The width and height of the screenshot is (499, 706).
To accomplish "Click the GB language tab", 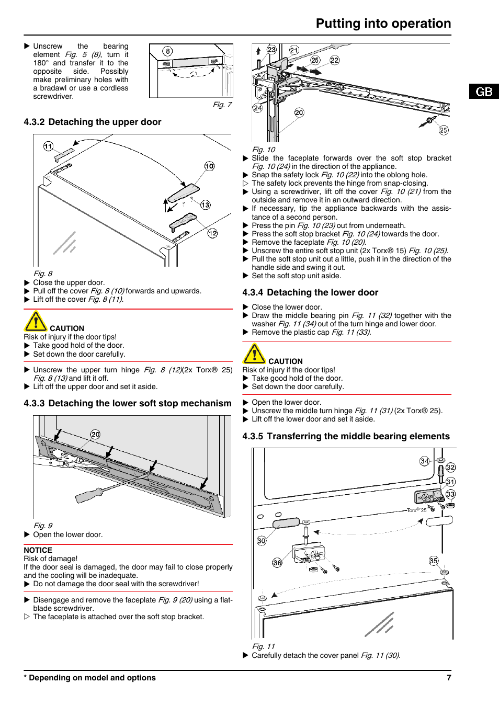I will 484,92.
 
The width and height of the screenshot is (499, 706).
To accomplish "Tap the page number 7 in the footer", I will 449,678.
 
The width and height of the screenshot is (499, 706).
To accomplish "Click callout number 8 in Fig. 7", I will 167,51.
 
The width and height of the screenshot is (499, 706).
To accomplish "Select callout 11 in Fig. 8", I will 48,146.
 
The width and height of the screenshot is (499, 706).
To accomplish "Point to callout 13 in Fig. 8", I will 206,205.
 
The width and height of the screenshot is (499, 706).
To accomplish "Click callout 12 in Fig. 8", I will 212,233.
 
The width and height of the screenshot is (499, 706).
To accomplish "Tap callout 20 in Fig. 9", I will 95,434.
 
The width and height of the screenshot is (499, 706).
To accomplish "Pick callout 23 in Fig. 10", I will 271,50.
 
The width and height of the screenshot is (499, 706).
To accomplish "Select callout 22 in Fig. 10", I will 335,60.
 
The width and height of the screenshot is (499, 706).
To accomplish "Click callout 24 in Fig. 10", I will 257,108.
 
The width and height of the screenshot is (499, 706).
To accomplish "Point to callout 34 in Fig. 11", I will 425,461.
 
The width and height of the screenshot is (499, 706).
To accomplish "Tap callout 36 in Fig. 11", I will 277,563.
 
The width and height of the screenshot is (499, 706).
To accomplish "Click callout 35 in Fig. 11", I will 434,561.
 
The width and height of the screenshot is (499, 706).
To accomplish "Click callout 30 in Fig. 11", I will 262,541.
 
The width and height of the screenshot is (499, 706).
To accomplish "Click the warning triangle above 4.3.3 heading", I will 36,321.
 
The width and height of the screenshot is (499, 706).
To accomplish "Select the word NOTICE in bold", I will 38,550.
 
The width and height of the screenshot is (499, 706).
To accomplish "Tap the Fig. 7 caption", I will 222,105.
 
